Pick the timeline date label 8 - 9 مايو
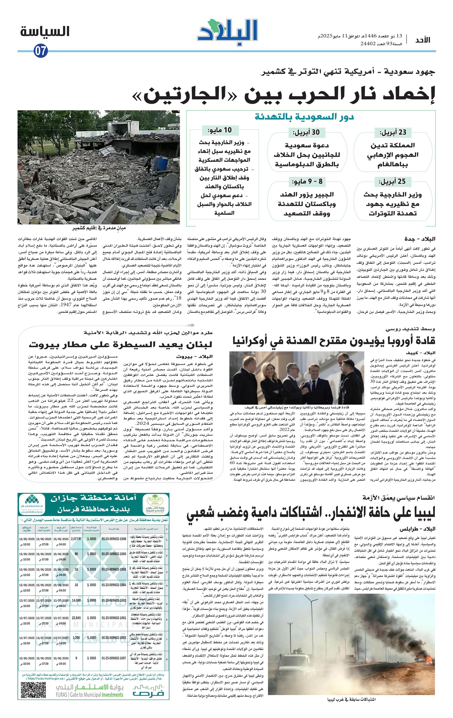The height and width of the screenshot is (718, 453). point(307,181)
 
